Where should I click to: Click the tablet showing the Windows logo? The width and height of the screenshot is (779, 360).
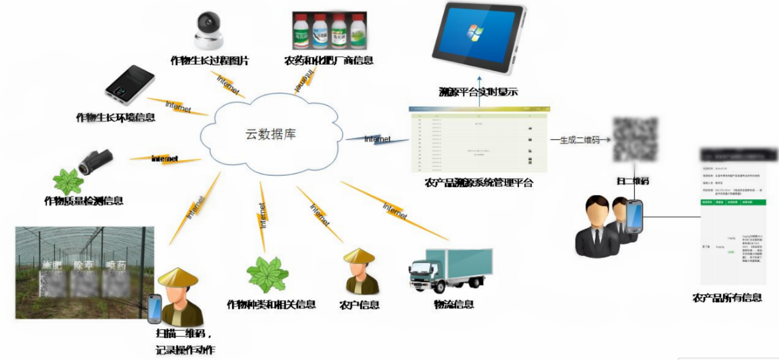[x=477, y=39]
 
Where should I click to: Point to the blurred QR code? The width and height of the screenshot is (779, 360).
[x=635, y=140]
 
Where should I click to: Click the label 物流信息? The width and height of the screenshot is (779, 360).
[x=454, y=304]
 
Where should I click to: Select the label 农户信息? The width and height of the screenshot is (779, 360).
[x=359, y=305]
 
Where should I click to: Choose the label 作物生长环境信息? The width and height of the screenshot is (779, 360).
[x=115, y=117]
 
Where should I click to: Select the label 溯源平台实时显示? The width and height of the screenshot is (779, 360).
[x=478, y=92]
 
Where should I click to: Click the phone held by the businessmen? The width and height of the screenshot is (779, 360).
[x=635, y=216]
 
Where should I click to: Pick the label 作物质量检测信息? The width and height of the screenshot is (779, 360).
[x=84, y=201]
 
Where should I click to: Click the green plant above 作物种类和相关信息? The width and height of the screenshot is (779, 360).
[x=267, y=274]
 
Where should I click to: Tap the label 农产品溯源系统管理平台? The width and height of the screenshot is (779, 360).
[x=478, y=183]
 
